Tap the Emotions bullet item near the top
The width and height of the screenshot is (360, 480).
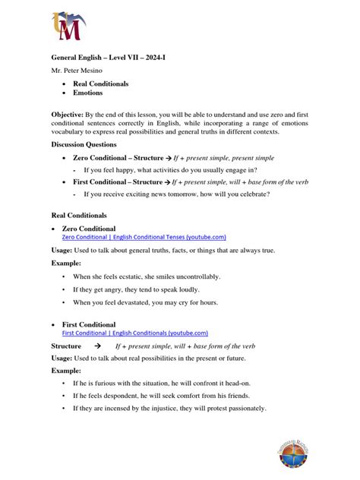(90, 93)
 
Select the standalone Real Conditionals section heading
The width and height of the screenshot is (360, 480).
(78, 216)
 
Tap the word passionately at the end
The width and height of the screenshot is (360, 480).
(240, 408)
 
